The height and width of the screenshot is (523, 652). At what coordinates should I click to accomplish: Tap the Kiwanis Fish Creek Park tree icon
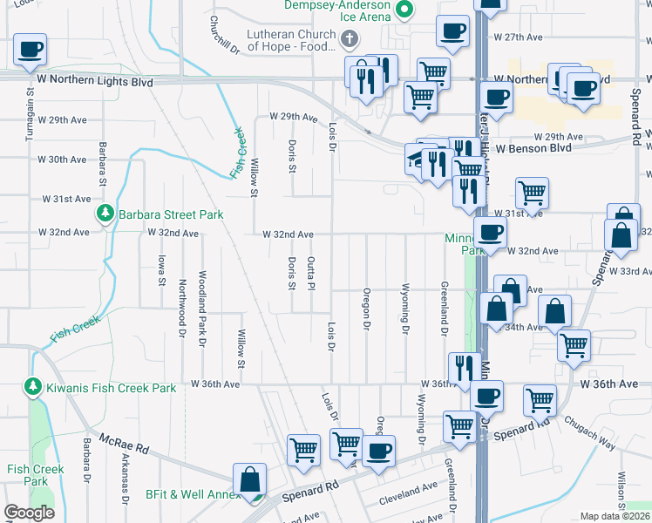[x=33, y=386]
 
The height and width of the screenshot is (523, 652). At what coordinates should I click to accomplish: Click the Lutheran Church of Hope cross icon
[x=350, y=38]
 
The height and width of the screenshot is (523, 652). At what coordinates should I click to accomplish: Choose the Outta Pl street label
[x=310, y=273]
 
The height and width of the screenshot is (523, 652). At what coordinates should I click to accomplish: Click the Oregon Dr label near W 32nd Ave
[x=367, y=309]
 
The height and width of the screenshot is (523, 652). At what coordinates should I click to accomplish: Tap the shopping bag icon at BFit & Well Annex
[x=250, y=480]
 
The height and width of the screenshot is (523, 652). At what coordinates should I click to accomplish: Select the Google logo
[x=29, y=513]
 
